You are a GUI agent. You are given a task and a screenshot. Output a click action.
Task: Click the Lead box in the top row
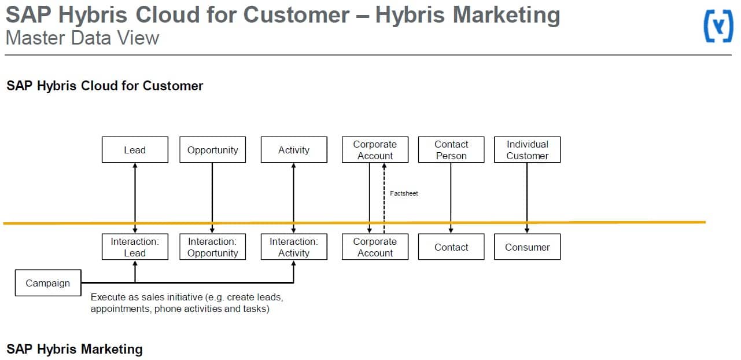pyautogui.click(x=135, y=149)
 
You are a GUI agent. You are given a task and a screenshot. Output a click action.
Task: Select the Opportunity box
pyautogui.click(x=213, y=149)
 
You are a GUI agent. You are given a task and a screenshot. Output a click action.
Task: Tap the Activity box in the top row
pyautogui.click(x=294, y=149)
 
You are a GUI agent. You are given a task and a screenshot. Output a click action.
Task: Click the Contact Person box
pyautogui.click(x=451, y=149)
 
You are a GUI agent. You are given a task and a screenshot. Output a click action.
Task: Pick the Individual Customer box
pyautogui.click(x=528, y=149)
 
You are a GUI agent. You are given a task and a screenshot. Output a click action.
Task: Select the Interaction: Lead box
pyautogui.click(x=135, y=247)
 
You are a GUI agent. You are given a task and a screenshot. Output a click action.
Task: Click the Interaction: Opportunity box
pyautogui.click(x=213, y=247)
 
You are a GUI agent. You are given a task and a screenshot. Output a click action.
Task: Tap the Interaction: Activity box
pyautogui.click(x=294, y=247)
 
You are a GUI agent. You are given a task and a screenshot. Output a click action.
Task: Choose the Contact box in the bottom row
pyautogui.click(x=451, y=247)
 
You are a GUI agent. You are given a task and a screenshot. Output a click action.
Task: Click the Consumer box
pyautogui.click(x=528, y=247)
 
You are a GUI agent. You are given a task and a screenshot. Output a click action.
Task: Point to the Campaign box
pyautogui.click(x=48, y=283)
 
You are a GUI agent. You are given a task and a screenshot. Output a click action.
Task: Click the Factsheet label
pyautogui.click(x=404, y=193)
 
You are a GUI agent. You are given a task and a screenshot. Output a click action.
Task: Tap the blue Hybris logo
pyautogui.click(x=718, y=26)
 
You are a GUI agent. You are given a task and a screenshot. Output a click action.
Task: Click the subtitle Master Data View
pyautogui.click(x=82, y=38)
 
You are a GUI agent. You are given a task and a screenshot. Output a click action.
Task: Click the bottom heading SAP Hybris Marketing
pyautogui.click(x=75, y=349)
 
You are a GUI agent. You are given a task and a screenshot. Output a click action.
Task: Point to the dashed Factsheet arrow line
pyautogui.click(x=384, y=198)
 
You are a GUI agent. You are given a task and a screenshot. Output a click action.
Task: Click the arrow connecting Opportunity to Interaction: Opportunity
pyautogui.click(x=212, y=198)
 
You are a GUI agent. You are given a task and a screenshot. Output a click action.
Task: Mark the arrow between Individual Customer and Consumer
pyautogui.click(x=527, y=198)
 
